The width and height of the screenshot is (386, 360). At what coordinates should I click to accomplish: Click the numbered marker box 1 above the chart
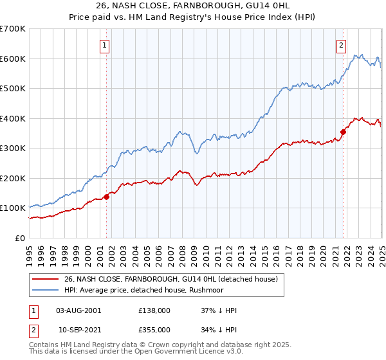104,45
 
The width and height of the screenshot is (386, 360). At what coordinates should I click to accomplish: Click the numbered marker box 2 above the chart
340,45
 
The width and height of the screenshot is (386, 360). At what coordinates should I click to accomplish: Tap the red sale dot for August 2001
106,197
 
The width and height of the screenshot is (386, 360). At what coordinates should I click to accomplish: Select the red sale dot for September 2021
343,132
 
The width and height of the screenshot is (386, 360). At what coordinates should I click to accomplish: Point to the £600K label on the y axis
13,59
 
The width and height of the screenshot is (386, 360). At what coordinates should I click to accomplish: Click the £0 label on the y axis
20,238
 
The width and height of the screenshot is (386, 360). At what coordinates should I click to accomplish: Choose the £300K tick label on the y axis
13,148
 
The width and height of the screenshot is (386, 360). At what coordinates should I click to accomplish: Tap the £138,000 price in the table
154,310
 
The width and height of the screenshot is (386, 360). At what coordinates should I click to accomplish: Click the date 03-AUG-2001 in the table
79,310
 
